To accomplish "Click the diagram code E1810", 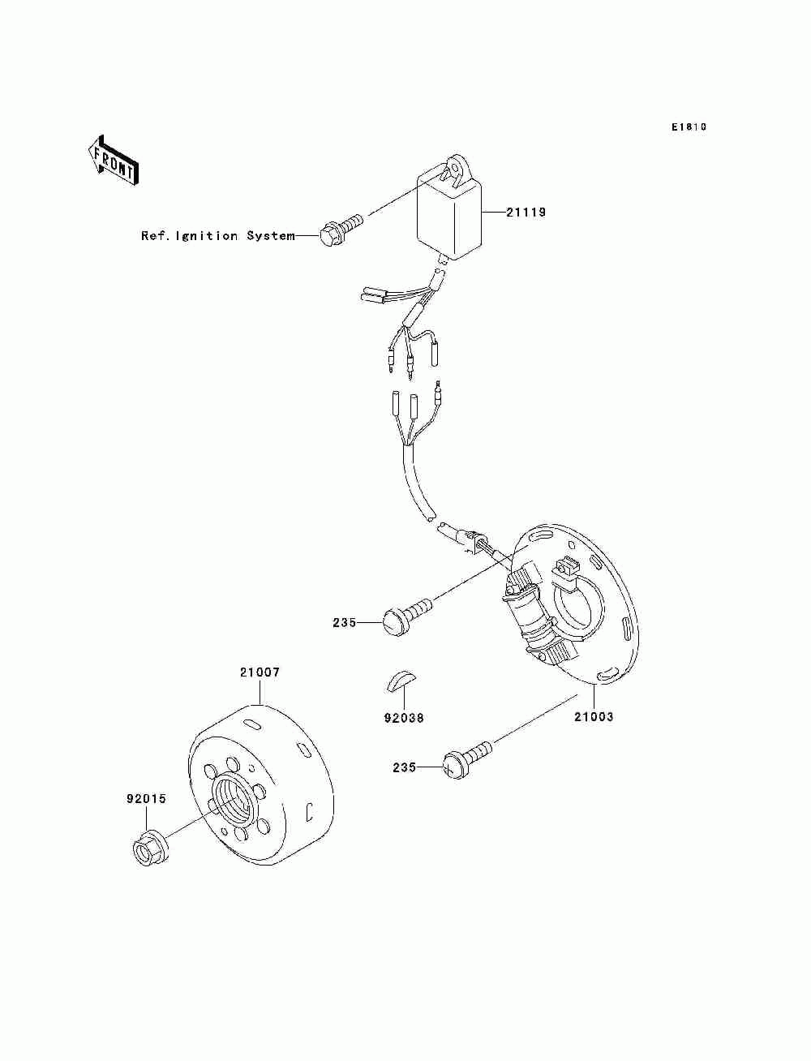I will pyautogui.click(x=689, y=127).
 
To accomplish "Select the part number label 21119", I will pyautogui.click(x=526, y=213).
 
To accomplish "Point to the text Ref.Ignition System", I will pyautogui.click(x=217, y=236).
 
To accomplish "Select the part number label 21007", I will pyautogui.click(x=260, y=672).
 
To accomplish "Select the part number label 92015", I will pyautogui.click(x=146, y=798).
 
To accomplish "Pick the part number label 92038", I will pyautogui.click(x=403, y=718).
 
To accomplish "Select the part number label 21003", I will pyautogui.click(x=594, y=717).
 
